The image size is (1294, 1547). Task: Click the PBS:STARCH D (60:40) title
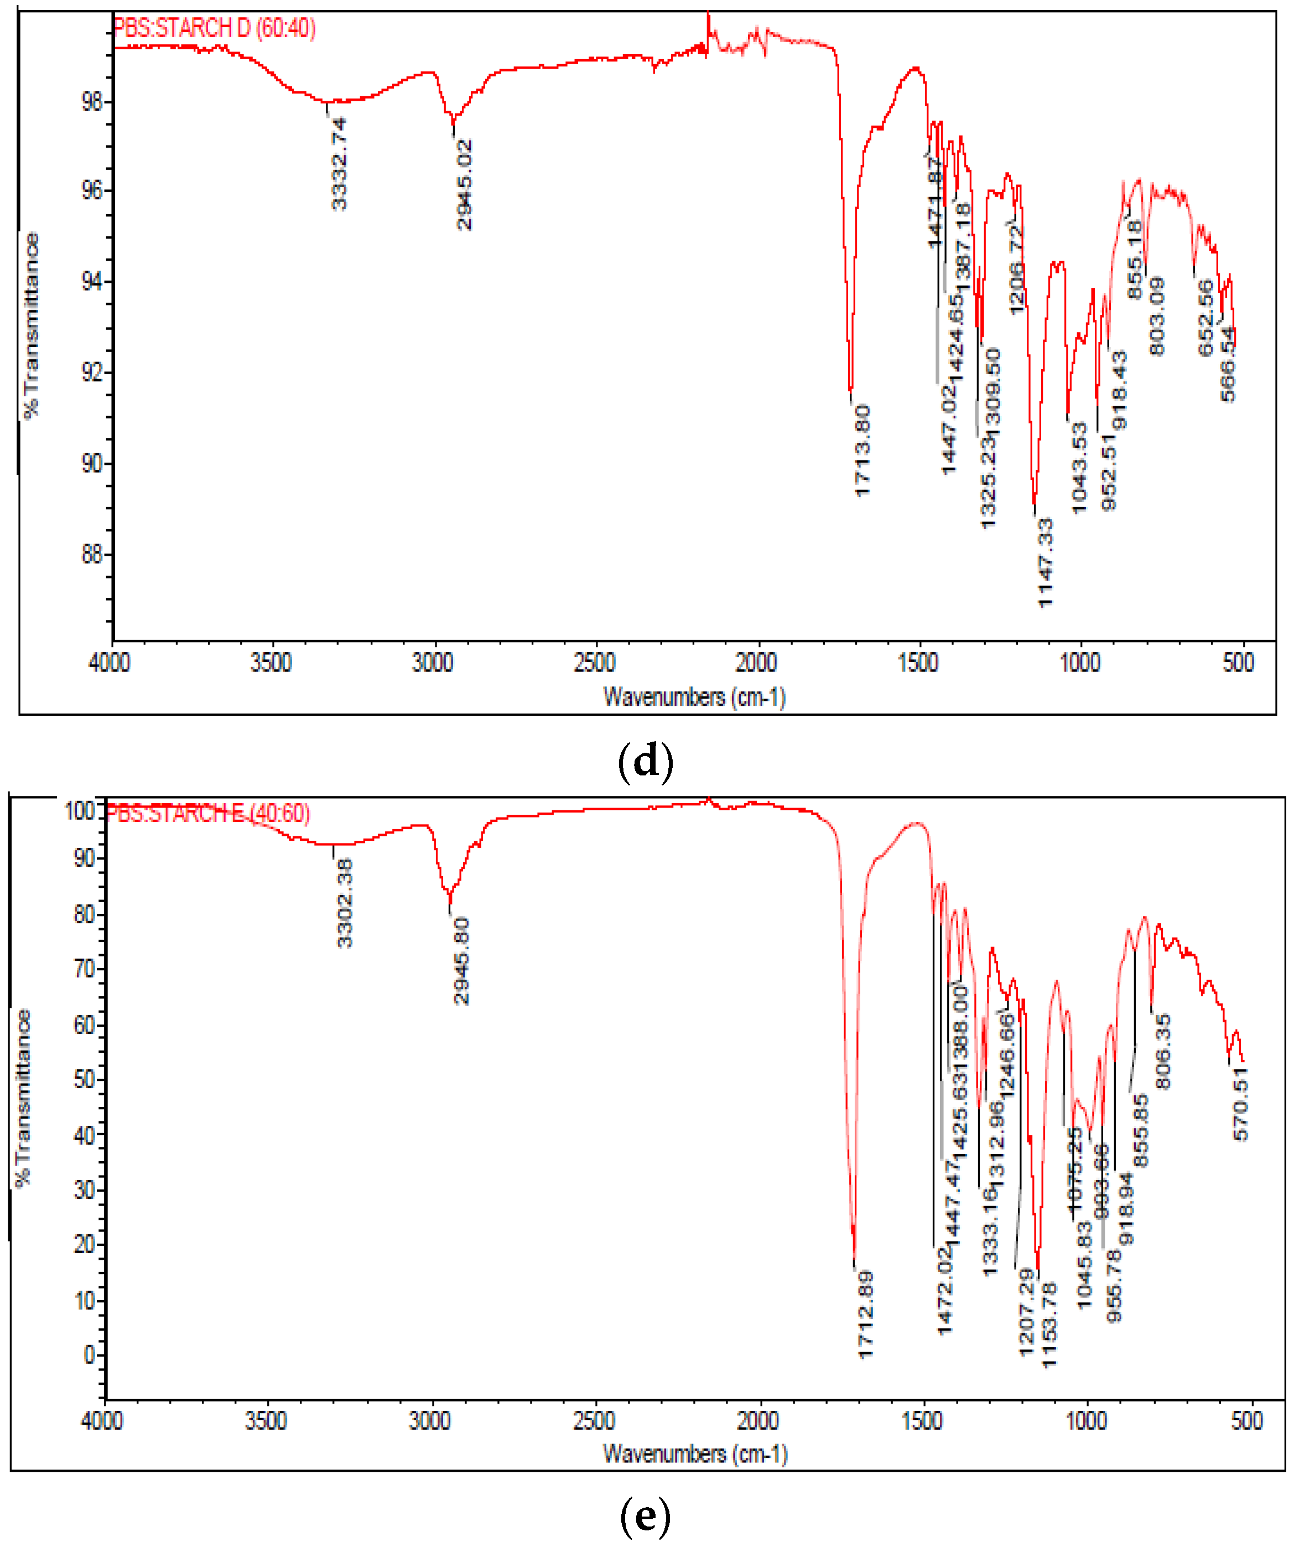click(214, 29)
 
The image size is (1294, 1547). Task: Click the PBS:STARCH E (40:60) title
click(207, 814)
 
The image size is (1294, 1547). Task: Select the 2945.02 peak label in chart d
click(464, 185)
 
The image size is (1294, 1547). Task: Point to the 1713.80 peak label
click(863, 451)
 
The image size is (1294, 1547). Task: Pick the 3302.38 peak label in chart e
click(345, 903)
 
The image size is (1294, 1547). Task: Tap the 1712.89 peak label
click(865, 1313)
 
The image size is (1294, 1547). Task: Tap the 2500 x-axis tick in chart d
click(594, 663)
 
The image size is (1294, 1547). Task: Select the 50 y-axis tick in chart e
click(85, 1080)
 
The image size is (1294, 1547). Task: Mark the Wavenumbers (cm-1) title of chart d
click(694, 697)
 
